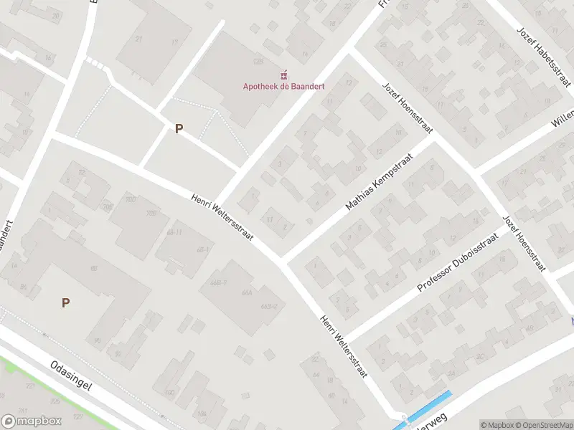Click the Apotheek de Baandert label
(283, 87)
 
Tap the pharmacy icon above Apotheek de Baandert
(283, 75)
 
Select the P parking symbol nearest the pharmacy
(179, 129)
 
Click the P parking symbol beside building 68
(65, 302)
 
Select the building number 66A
(247, 293)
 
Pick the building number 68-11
(174, 232)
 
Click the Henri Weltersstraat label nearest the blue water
(344, 347)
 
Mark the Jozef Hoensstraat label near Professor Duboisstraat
(524, 243)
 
